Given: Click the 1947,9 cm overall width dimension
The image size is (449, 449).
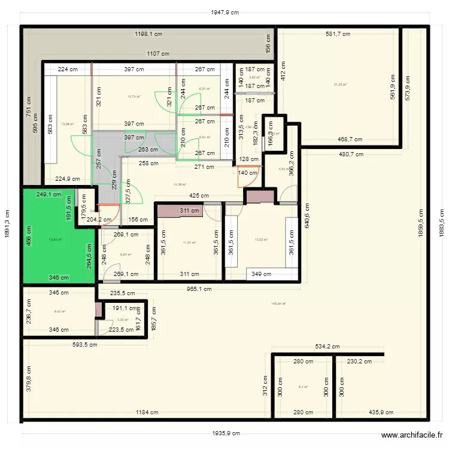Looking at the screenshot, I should tap(224, 12).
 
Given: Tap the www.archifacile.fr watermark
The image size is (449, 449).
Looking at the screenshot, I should tap(412, 436).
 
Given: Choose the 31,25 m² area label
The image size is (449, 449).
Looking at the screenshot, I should tap(340, 84).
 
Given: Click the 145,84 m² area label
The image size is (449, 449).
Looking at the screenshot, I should tap(279, 304).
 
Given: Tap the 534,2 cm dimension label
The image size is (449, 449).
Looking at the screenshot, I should tap(327, 347).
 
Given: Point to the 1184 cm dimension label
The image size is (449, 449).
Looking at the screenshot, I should tap(147, 412).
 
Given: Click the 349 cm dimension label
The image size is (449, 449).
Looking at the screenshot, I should tap(261, 274).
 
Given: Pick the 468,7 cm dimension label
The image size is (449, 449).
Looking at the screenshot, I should tap(350, 139).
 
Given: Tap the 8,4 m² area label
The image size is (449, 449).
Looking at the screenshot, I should tap(303, 387).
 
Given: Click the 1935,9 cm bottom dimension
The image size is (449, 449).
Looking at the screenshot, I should tap(224, 433).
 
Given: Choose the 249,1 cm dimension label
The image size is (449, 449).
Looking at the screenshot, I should tap(49, 195).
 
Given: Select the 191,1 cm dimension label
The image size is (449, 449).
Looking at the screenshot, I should tap(124, 308).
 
